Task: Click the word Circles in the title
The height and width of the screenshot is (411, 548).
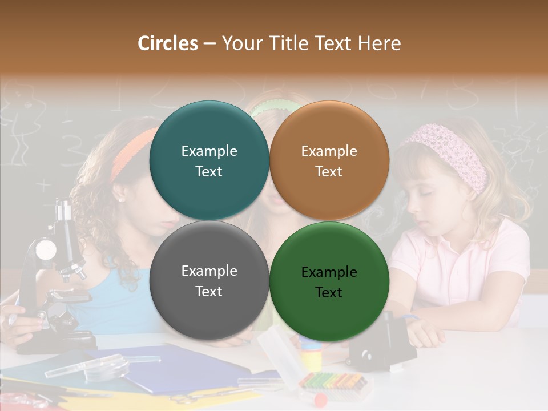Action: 168,43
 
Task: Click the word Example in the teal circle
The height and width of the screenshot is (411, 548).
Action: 209,151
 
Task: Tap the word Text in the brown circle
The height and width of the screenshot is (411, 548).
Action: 329,171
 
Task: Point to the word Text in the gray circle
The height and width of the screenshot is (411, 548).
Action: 209,291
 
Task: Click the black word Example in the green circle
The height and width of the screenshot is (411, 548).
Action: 329,272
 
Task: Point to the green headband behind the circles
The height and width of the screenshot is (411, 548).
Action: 273,106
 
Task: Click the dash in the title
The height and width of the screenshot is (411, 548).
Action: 209,44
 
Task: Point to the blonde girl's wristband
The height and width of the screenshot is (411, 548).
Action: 410,317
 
